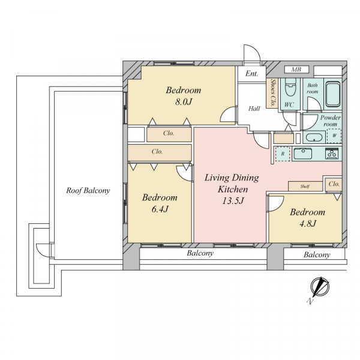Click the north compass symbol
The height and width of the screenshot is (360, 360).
point(320,287)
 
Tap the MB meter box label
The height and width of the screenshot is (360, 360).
point(296,69)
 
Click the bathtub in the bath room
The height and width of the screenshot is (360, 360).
point(333,94)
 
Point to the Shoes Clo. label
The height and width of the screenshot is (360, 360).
point(273,93)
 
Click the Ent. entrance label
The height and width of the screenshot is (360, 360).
point(251,73)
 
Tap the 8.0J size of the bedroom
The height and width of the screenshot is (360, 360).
point(184,101)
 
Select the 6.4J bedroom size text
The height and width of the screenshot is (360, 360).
point(160,209)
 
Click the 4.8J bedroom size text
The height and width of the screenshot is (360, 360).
point(308,223)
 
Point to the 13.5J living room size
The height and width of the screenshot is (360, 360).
point(233,200)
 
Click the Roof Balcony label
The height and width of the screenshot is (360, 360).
point(88,190)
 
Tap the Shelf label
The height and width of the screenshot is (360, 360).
point(305,187)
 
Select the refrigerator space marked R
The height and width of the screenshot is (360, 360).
point(283,154)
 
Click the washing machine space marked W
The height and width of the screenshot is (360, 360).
point(334,136)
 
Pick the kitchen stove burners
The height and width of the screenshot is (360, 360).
point(332,154)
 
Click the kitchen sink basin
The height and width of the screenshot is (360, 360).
point(303,154)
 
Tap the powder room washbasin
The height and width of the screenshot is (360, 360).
point(314,137)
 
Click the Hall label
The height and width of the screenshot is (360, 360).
point(254,109)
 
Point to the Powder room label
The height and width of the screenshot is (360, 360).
point(331,121)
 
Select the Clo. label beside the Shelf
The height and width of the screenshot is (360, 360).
point(334,184)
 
